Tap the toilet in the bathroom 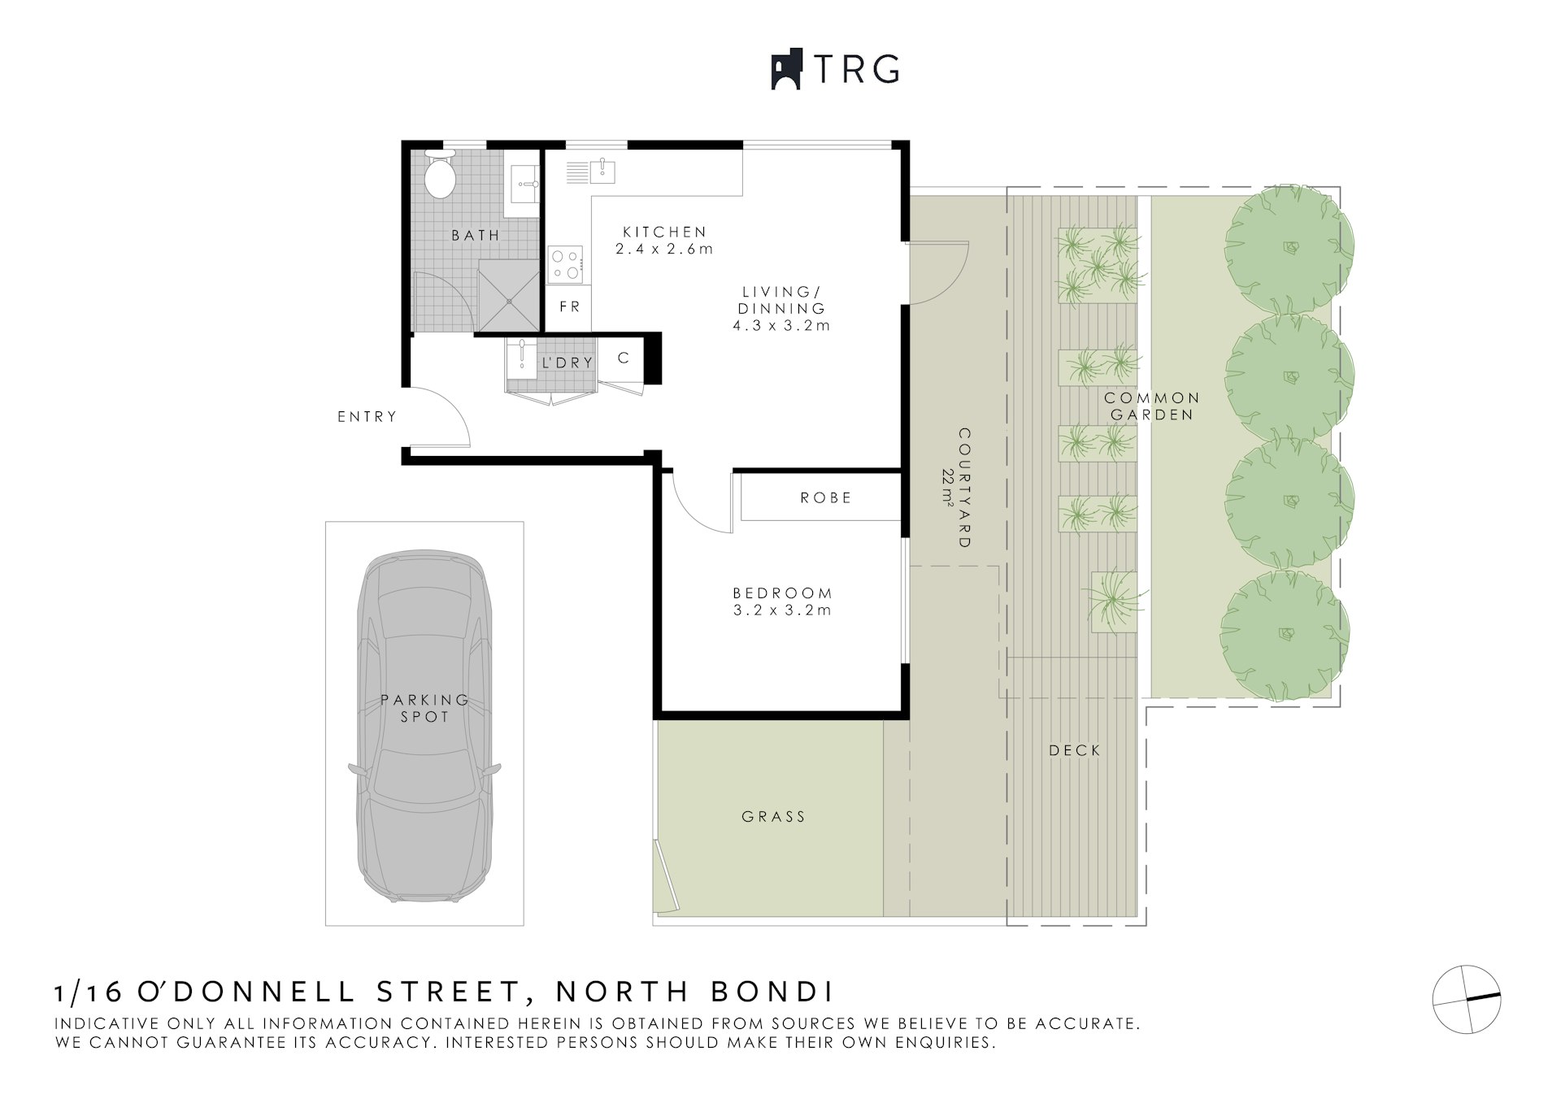[440, 174]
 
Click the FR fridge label [570, 306]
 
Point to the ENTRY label [367, 417]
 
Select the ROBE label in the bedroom [826, 497]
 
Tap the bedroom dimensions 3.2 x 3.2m [782, 610]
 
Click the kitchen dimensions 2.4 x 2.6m [664, 250]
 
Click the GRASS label [773, 817]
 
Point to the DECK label [1075, 750]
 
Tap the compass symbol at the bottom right [1467, 999]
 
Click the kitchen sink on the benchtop [602, 172]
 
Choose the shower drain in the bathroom [509, 301]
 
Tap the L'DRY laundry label [567, 363]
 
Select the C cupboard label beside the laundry [624, 358]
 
